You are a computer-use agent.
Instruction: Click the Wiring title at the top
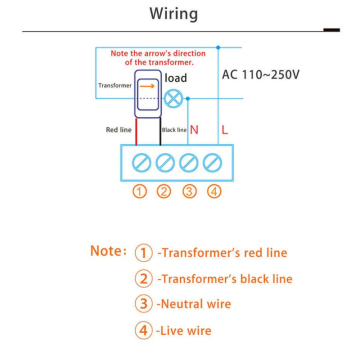tap(173, 14)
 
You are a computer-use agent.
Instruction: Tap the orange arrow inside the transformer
tap(147, 86)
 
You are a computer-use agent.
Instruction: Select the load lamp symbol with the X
tap(173, 98)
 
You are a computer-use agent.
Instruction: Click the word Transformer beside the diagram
tap(115, 85)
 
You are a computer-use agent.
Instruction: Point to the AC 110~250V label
tap(260, 74)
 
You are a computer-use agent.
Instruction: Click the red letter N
tap(194, 130)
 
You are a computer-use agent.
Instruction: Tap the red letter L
tap(225, 130)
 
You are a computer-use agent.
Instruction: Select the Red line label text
tap(118, 129)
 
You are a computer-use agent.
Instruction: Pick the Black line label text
tap(174, 130)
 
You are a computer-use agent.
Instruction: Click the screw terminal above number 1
tap(141, 162)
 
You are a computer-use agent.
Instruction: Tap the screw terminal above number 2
tap(165, 162)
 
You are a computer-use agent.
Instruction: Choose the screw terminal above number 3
tap(188, 162)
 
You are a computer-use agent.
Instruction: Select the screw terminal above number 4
tap(212, 162)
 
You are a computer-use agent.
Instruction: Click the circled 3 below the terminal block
tap(189, 191)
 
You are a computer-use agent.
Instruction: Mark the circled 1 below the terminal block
tap(139, 191)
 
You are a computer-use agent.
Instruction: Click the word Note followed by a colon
tap(108, 250)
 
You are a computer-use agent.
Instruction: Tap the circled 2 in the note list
tap(143, 278)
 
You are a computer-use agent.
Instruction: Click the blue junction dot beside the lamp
tap(188, 98)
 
